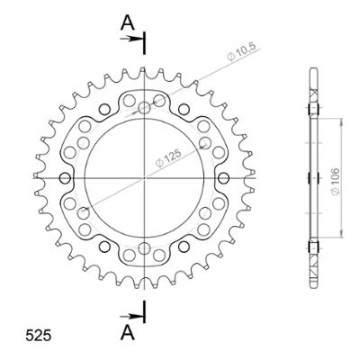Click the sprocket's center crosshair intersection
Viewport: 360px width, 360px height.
coord(145,176)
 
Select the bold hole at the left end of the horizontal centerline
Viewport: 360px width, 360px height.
coord(65,176)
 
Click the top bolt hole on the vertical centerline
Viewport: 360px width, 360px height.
coord(145,109)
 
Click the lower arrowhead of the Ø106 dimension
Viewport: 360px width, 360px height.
coord(339,236)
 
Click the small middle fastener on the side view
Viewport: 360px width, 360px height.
coord(312,176)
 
